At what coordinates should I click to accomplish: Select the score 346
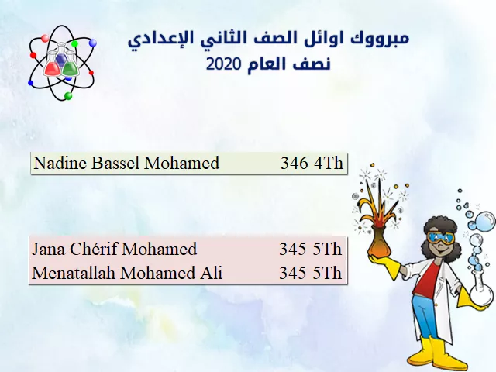[x=294, y=164]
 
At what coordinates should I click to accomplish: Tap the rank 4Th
[x=329, y=164]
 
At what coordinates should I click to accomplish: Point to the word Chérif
[x=94, y=249]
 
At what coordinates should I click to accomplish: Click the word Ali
[x=211, y=273]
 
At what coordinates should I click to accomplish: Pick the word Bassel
[x=115, y=163]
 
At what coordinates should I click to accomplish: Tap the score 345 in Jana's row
[x=293, y=249]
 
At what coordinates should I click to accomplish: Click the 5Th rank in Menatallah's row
[x=328, y=273]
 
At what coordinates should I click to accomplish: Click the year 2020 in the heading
[x=224, y=64]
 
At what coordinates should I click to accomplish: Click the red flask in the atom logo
[x=53, y=65]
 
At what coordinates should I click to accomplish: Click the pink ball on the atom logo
[x=45, y=38]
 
